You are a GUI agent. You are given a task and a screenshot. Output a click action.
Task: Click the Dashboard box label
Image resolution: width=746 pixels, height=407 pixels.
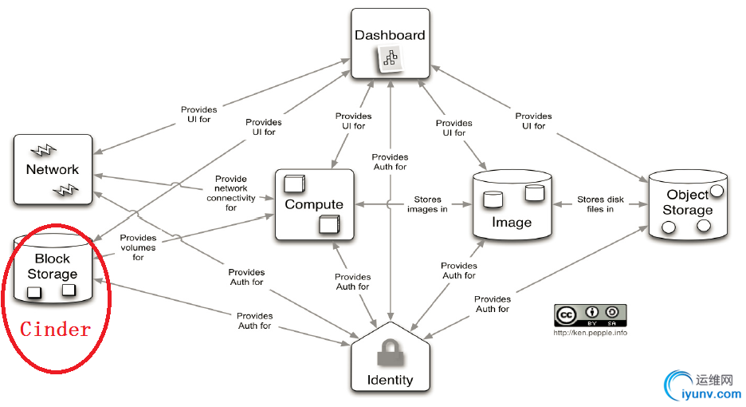click(x=390, y=35)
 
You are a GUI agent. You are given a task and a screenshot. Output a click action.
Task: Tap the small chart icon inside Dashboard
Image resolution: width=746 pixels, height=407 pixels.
click(x=390, y=58)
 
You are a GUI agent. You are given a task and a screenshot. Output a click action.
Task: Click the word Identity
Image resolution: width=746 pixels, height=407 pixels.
click(x=390, y=380)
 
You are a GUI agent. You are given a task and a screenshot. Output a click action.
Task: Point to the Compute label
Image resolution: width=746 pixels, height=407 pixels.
click(x=314, y=204)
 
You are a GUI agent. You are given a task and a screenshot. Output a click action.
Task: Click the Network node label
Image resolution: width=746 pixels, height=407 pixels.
click(x=53, y=169)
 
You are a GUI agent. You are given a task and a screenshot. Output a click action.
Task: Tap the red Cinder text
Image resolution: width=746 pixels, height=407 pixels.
click(x=56, y=329)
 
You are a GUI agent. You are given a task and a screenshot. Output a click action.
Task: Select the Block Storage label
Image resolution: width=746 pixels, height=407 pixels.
click(x=53, y=267)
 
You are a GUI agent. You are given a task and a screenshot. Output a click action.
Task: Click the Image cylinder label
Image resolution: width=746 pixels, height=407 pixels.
click(x=512, y=223)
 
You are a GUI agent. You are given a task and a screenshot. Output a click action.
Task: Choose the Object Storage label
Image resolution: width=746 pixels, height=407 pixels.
click(x=688, y=203)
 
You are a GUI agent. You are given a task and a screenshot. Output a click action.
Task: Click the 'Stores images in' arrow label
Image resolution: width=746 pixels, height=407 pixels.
click(x=426, y=204)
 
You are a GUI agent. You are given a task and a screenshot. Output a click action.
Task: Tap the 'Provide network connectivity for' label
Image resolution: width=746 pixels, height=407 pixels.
click(x=231, y=193)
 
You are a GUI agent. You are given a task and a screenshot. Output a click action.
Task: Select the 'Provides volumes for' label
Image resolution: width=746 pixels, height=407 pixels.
click(x=139, y=247)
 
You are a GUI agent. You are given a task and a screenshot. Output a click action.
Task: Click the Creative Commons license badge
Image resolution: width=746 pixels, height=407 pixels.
click(x=590, y=314)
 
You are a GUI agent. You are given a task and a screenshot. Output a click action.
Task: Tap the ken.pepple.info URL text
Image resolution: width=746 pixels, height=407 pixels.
click(x=590, y=333)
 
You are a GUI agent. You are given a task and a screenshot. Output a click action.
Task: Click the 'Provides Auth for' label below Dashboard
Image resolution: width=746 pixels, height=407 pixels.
click(x=390, y=162)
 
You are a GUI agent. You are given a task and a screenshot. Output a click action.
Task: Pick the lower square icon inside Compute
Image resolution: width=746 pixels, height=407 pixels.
click(x=329, y=225)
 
